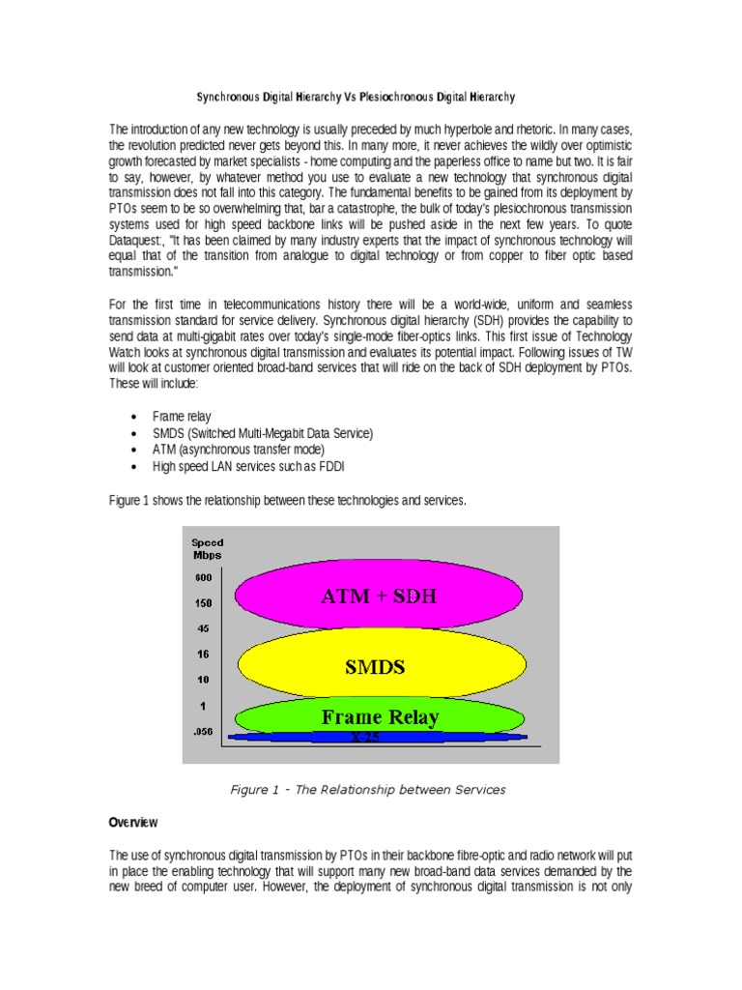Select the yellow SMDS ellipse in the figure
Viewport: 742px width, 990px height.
tap(382, 667)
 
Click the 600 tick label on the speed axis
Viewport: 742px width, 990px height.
tap(203, 578)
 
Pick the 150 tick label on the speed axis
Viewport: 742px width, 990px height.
tap(203, 603)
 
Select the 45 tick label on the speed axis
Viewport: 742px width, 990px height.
tap(203, 627)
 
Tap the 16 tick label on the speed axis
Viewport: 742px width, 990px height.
tap(203, 654)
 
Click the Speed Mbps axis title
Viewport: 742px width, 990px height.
tap(206, 548)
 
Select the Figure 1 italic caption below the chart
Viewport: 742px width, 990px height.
tap(367, 790)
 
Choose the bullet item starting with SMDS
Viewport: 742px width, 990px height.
tap(262, 433)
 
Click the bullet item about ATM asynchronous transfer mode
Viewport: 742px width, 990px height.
tap(238, 450)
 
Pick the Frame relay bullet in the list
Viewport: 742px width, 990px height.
tap(182, 417)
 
